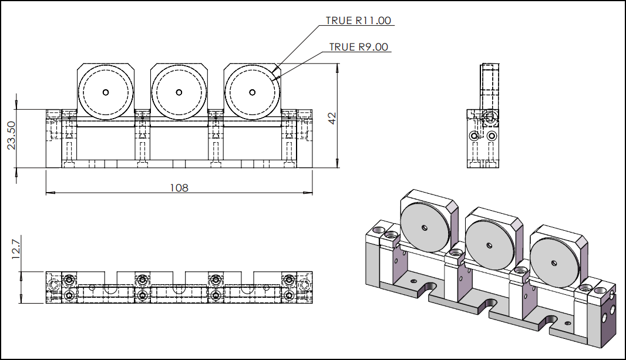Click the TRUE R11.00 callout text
pos(358,21)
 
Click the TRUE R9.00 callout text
pos(358,47)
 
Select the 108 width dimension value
pos(179,187)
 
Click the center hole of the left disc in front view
pos(106,92)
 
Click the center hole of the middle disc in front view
pos(179,92)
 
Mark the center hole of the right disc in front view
pos(253,92)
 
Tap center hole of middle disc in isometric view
pos(489,245)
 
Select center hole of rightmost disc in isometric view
pos(554,263)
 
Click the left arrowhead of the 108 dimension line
pos(49,192)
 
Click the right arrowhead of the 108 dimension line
pos(309,192)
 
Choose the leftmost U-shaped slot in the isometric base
pos(424,289)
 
